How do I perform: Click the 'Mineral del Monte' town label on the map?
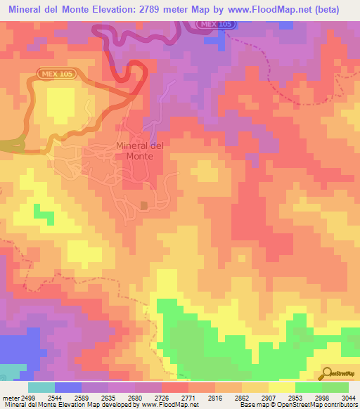click(x=139, y=151)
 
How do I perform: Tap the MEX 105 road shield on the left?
click(x=57, y=72)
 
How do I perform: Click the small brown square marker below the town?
click(x=143, y=205)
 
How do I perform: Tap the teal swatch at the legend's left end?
click(x=41, y=387)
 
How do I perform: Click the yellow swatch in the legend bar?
click(x=282, y=387)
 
